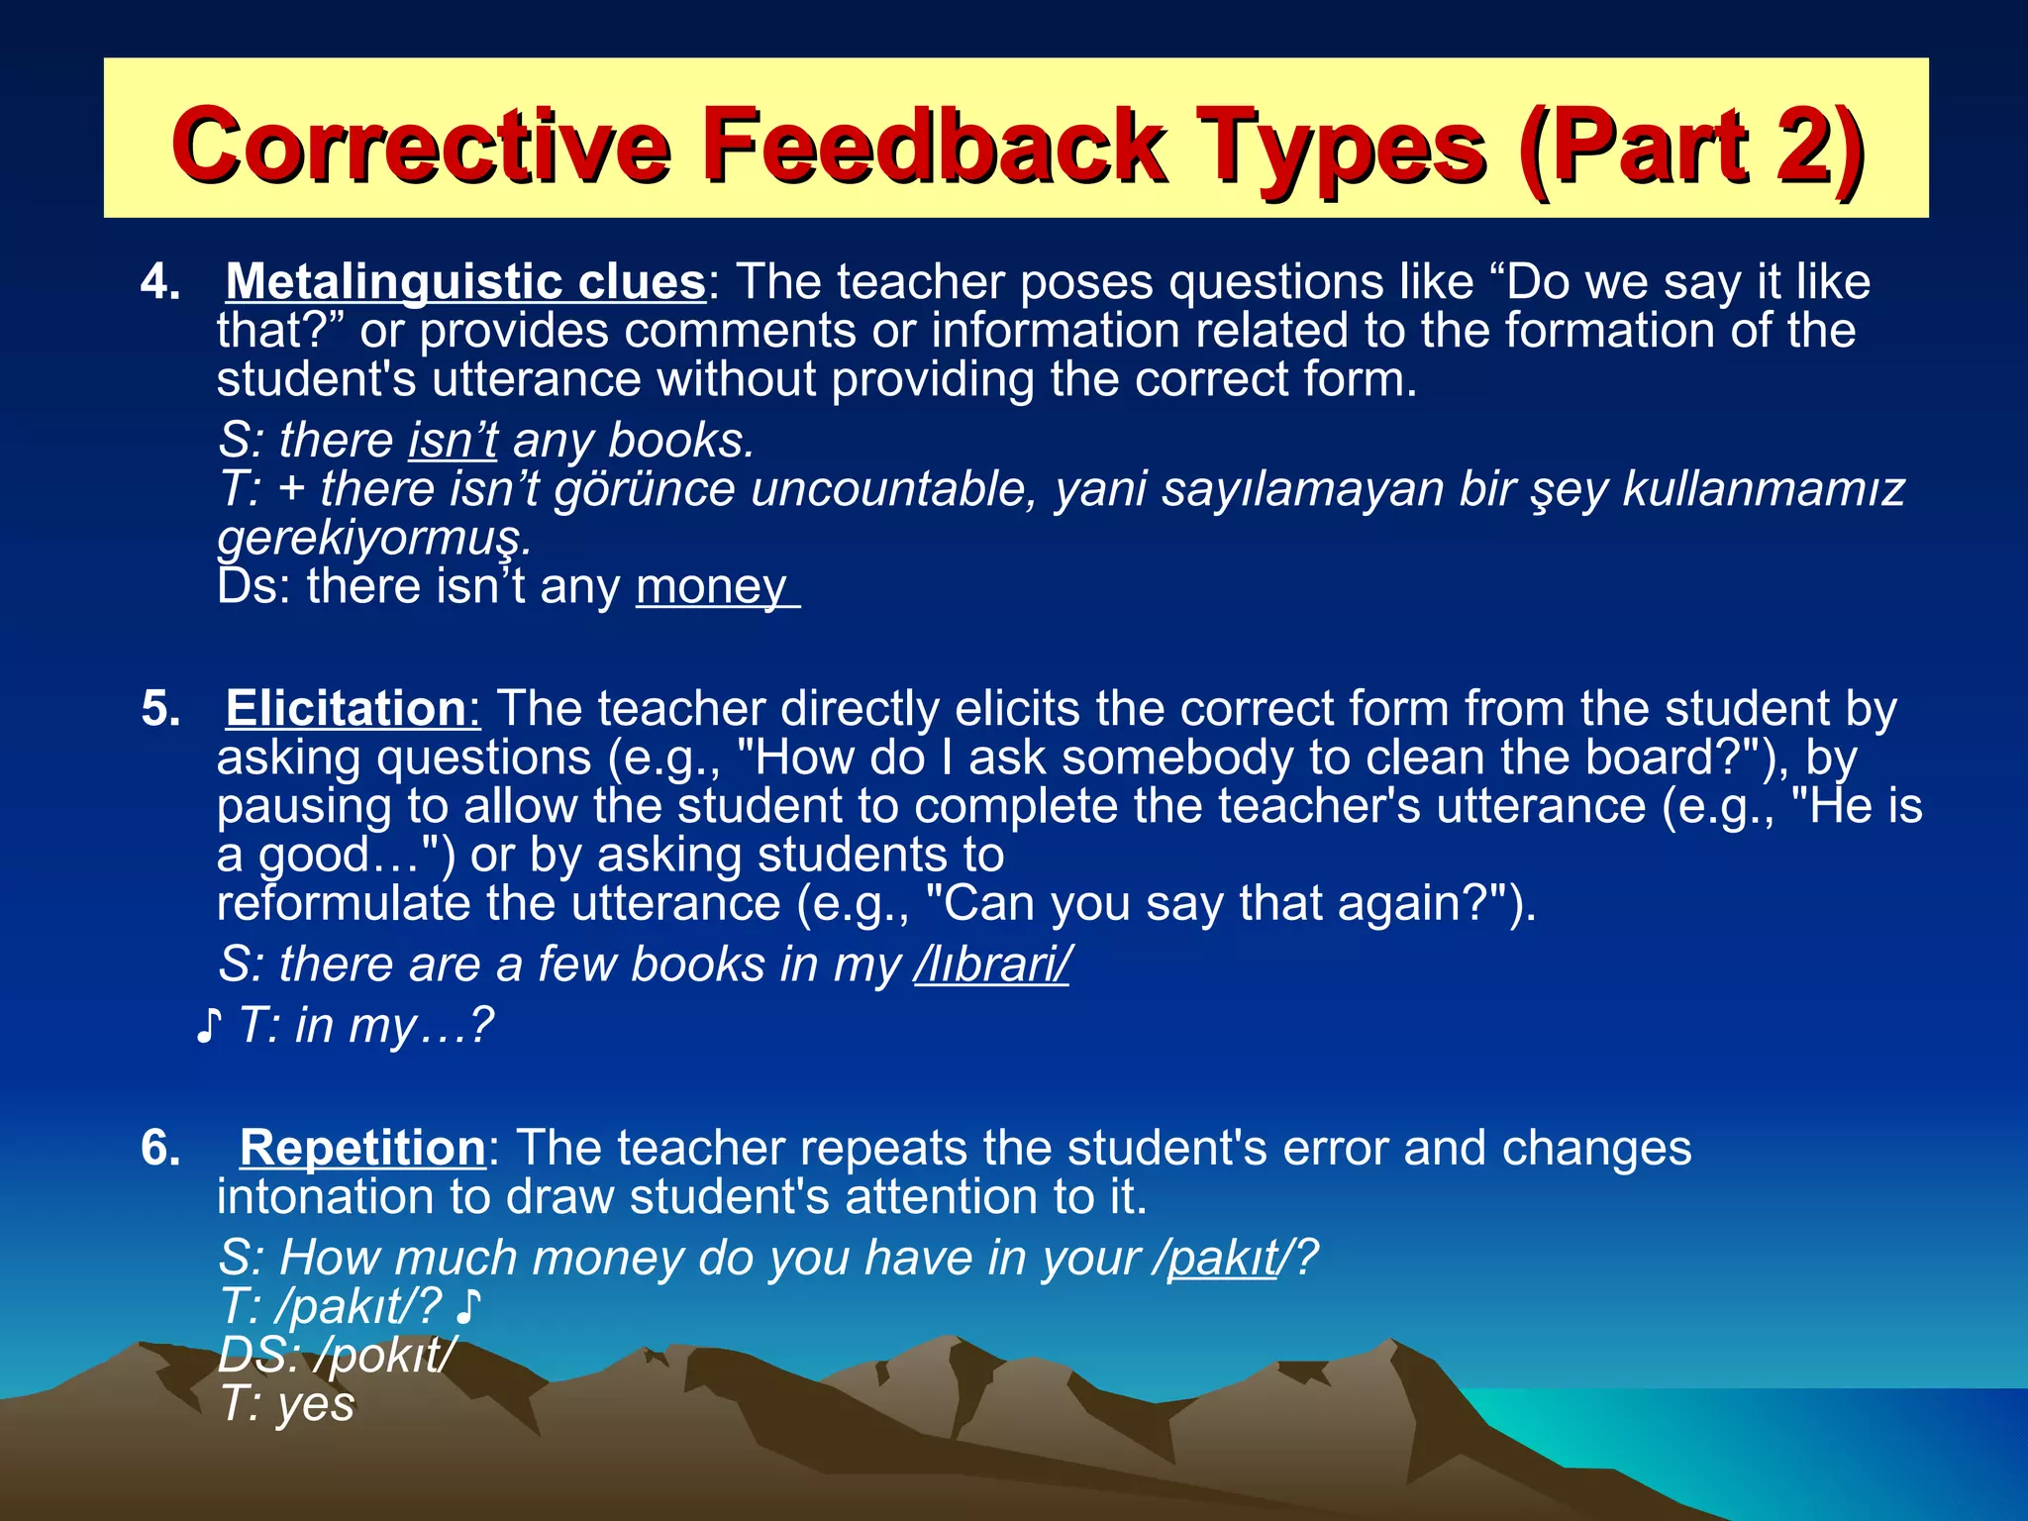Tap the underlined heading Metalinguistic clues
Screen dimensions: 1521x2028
tap(465, 282)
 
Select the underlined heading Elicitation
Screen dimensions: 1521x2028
tap(345, 709)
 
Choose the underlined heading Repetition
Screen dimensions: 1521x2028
tap(362, 1149)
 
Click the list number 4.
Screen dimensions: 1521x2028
tap(160, 283)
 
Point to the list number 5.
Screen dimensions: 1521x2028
tap(160, 710)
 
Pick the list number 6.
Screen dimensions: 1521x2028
tap(160, 1149)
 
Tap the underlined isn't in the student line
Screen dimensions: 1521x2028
tap(453, 441)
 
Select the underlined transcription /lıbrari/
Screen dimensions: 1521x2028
tap(991, 964)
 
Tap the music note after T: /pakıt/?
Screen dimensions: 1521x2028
tap(467, 1307)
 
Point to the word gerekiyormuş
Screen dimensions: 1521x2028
tap(373, 538)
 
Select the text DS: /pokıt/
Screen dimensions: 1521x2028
tap(337, 1355)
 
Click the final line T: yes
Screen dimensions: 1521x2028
tap(286, 1404)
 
